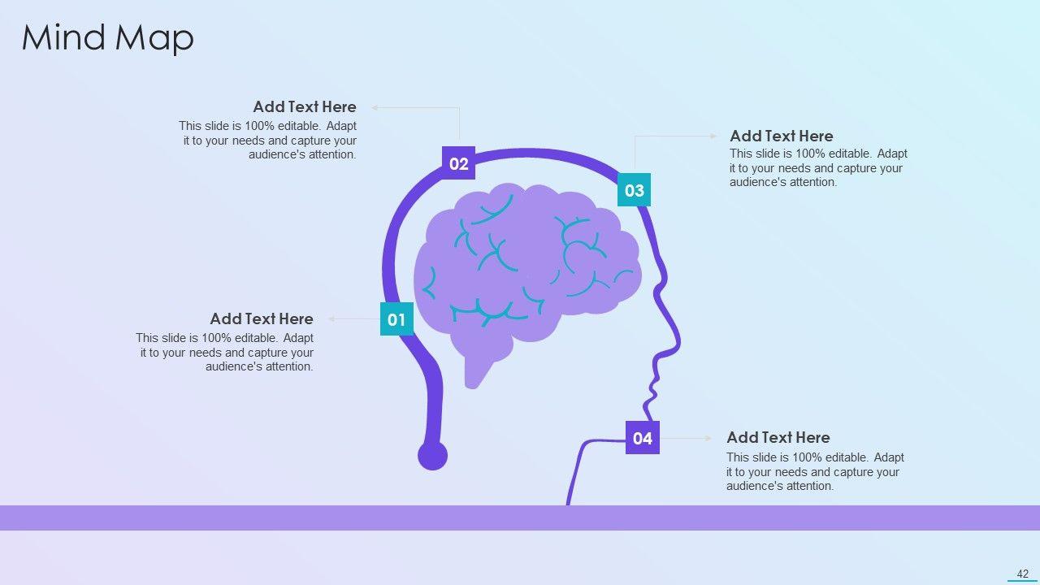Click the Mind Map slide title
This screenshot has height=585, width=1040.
point(107,38)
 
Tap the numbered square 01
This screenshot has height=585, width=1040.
point(396,319)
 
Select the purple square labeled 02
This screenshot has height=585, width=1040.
point(458,163)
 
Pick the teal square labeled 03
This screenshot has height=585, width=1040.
point(634,190)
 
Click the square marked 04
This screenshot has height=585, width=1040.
point(642,438)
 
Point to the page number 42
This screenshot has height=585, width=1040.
point(1022,574)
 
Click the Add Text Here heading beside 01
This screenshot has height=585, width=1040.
point(261,318)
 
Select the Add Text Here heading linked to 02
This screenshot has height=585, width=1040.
point(304,106)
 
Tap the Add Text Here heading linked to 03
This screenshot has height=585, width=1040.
point(781,136)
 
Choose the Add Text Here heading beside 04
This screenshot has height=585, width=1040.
point(778,437)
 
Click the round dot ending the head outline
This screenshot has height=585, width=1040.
point(432,456)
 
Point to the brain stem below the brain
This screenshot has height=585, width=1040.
point(477,371)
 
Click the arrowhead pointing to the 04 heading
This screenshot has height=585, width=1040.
point(708,438)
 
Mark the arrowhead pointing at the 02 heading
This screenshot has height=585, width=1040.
point(375,107)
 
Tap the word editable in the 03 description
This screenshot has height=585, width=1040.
point(851,154)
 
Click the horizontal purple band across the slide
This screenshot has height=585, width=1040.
point(520,518)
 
